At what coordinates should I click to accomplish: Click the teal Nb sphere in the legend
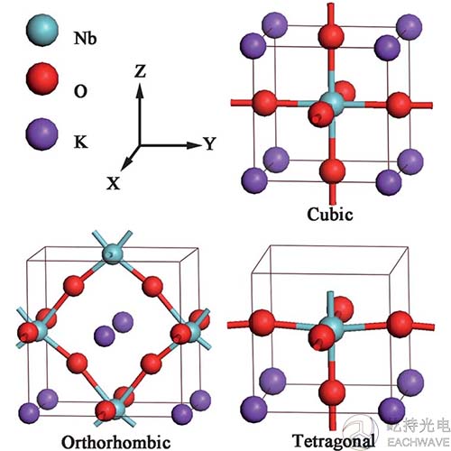point(42,30)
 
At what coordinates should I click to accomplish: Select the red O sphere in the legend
point(42,78)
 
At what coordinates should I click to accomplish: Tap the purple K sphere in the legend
point(42,134)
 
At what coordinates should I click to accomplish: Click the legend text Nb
point(85,39)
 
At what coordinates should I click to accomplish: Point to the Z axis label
point(140,71)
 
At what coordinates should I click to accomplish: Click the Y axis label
point(209,143)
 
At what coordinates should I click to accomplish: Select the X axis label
point(114,182)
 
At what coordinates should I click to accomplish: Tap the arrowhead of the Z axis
point(140,90)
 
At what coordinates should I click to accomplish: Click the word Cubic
point(330,214)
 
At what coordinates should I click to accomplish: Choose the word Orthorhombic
point(116,442)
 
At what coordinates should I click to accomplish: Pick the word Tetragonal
point(334,441)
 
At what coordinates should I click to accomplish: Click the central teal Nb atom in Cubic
point(334,103)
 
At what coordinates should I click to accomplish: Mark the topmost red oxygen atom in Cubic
point(331,35)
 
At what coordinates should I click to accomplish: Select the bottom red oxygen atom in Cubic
point(332,170)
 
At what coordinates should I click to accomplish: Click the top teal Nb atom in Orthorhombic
point(112,254)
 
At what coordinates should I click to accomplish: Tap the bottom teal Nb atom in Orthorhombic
point(115,409)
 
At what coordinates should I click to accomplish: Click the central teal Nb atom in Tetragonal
point(332,327)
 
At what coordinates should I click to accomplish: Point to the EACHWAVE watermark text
point(418,442)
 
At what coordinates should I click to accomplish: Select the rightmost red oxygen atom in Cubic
point(399,105)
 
